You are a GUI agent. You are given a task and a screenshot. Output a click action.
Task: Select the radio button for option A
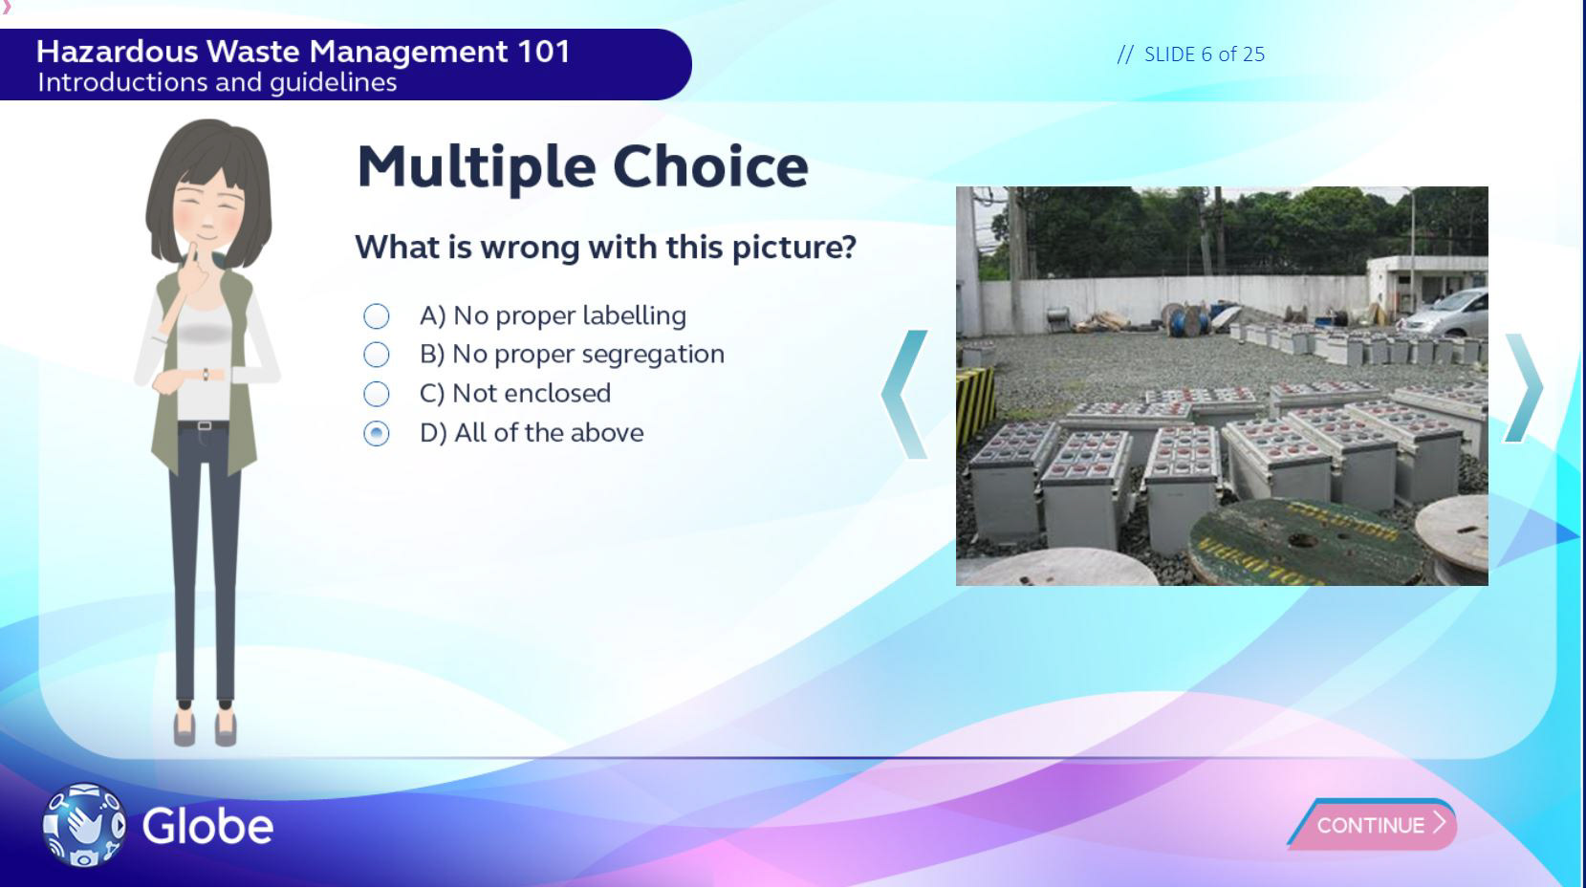tap(376, 315)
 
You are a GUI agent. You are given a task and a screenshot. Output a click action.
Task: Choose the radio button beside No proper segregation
tap(376, 354)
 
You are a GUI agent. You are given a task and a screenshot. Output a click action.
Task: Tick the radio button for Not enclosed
tap(376, 394)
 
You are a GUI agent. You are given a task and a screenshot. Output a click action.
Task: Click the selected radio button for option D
tap(376, 433)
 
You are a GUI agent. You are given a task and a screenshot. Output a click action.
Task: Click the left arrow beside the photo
tap(902, 395)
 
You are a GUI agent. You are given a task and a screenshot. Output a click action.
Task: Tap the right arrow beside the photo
tap(1524, 388)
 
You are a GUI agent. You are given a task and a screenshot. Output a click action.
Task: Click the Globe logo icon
tap(84, 825)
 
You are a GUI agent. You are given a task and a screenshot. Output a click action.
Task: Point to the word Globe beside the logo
tap(207, 826)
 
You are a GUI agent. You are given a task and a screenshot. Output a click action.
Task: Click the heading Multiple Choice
tap(582, 167)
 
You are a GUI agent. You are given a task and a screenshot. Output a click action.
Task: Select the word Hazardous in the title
tap(117, 52)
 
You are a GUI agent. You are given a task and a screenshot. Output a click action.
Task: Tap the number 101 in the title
tap(544, 52)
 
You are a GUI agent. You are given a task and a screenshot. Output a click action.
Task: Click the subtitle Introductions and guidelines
tap(217, 83)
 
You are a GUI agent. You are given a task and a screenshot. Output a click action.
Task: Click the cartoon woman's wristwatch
tap(206, 375)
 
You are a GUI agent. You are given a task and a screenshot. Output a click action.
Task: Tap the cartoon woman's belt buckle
tap(204, 425)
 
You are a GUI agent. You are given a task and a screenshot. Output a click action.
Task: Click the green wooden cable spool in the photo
tap(1304, 542)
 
